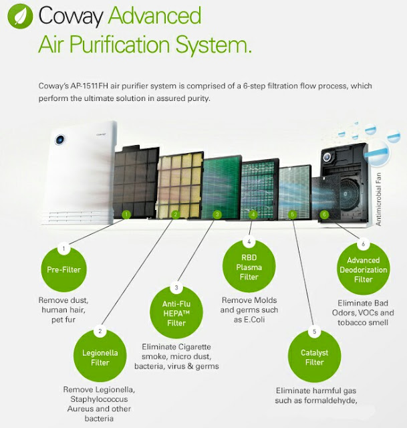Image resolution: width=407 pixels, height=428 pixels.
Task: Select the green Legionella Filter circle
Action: pyautogui.click(x=100, y=357)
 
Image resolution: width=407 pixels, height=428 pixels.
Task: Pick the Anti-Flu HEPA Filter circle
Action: pyautogui.click(x=176, y=313)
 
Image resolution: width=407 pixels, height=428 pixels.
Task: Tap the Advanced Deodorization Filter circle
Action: pyautogui.click(x=364, y=270)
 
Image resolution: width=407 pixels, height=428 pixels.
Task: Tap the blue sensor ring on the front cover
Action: pyautogui.click(x=59, y=140)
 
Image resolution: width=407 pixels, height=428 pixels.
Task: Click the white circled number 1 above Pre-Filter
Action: pyautogui.click(x=64, y=249)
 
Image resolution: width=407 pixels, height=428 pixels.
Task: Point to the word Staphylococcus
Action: pyautogui.click(x=98, y=399)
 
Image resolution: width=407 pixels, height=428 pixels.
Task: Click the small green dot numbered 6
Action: pyautogui.click(x=324, y=215)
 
